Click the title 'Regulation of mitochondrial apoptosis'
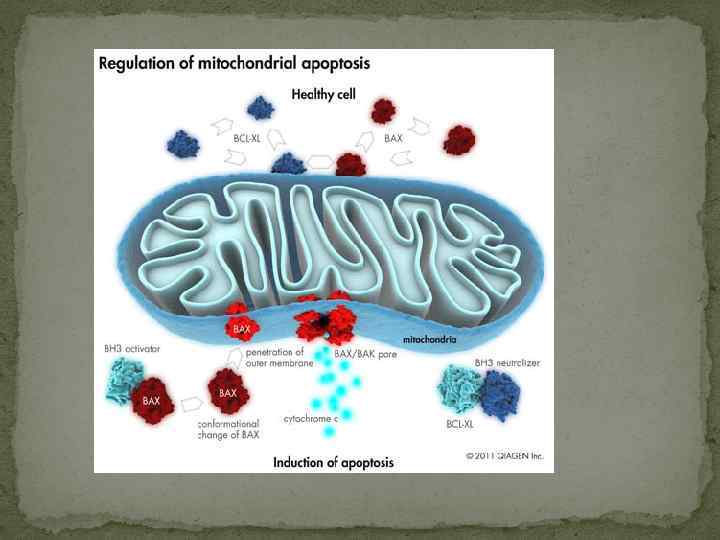pyautogui.click(x=234, y=63)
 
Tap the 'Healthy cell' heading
pyautogui.click(x=330, y=95)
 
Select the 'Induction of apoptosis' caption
pyautogui.click(x=334, y=462)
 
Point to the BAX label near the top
pyautogui.click(x=394, y=139)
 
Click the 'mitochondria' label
pyautogui.click(x=430, y=339)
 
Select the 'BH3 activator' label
pyautogui.click(x=132, y=349)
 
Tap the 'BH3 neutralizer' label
pyautogui.click(x=506, y=362)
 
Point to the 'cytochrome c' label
pyautogui.click(x=310, y=418)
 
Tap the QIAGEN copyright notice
pyautogui.click(x=504, y=456)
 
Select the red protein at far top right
pyautogui.click(x=460, y=139)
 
